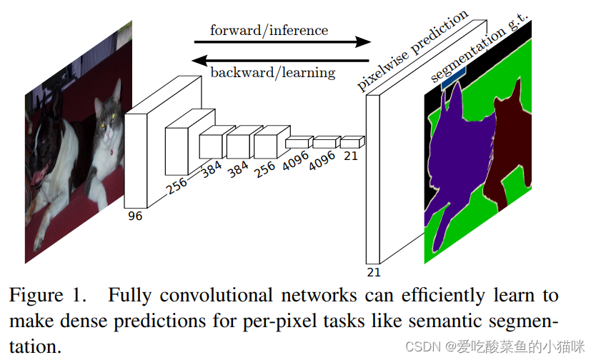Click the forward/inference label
(269, 31)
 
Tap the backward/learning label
(272, 72)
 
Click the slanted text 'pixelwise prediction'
(413, 51)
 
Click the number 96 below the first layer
(134, 216)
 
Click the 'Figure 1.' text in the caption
(48, 295)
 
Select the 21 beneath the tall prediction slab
(374, 272)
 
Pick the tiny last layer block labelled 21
(351, 141)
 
